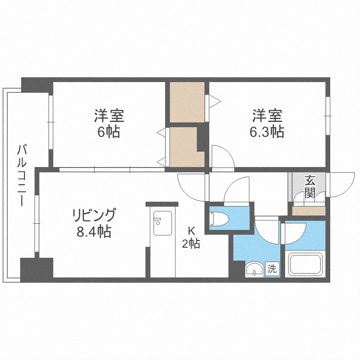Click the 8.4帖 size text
[x=94, y=232]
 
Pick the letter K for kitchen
[x=191, y=229]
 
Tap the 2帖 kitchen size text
[x=191, y=243]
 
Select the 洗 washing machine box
[x=272, y=269]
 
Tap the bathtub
[x=305, y=264]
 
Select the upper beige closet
[x=187, y=102]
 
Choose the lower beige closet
[x=183, y=145]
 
